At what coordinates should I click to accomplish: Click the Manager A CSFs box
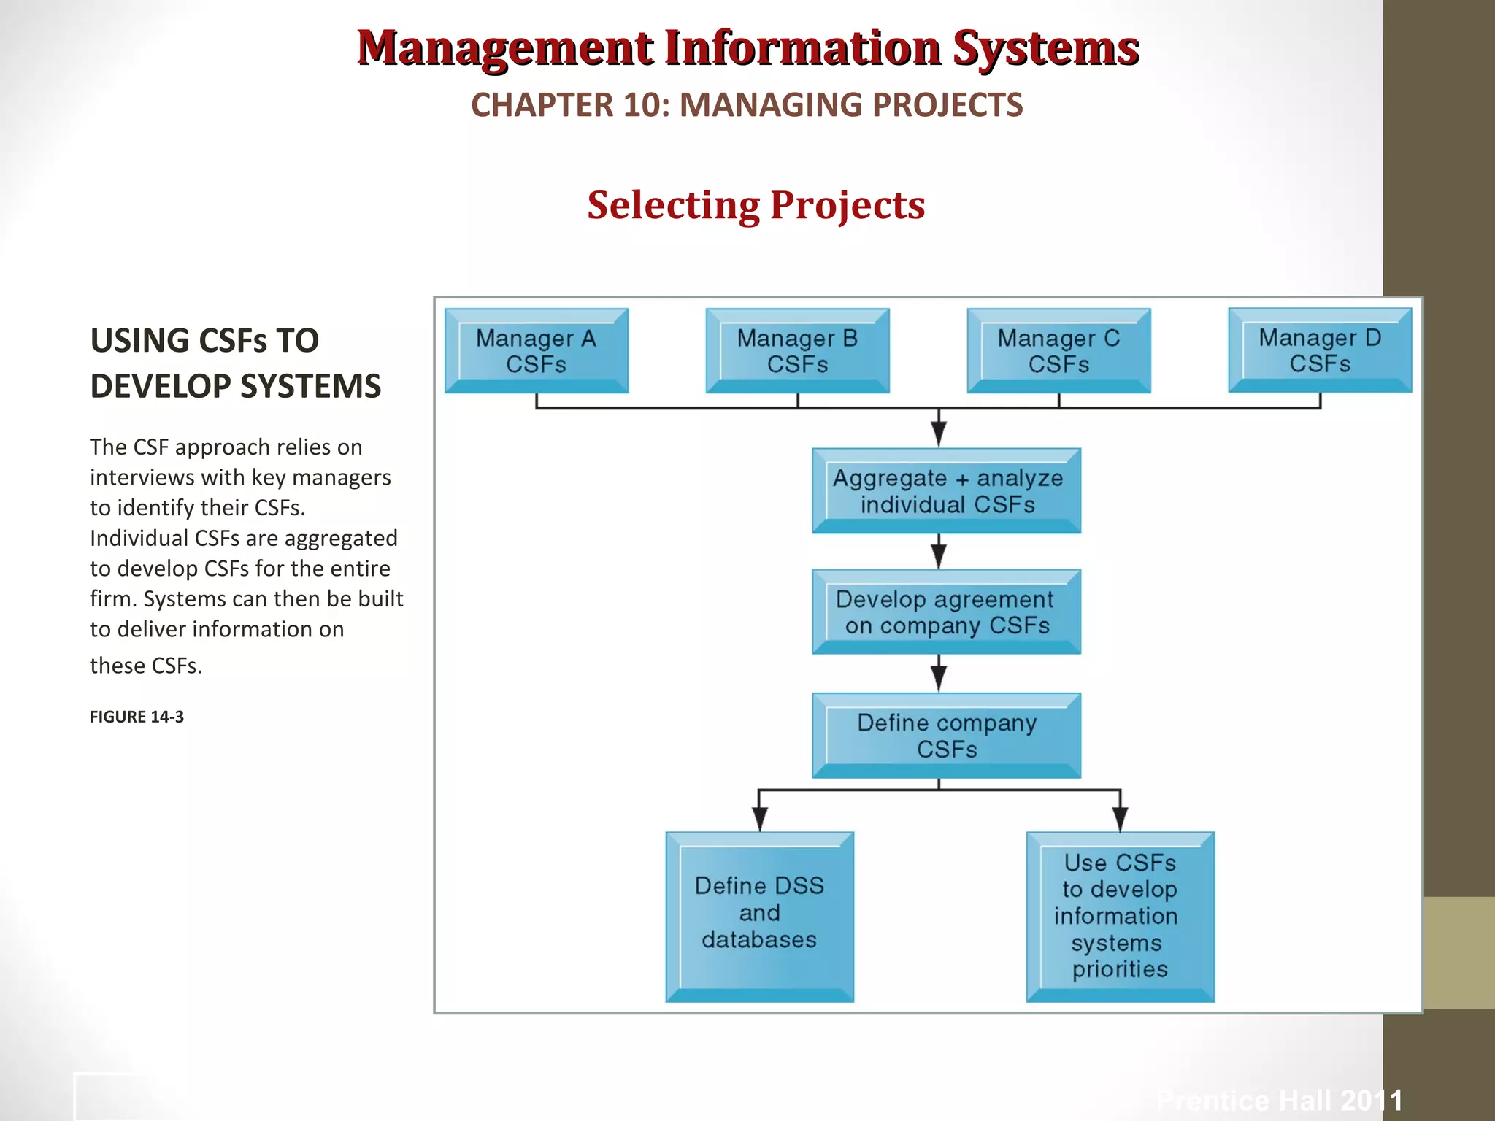pyautogui.click(x=536, y=351)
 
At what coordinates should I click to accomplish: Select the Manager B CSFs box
pyautogui.click(x=797, y=351)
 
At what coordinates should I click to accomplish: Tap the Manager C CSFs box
pyautogui.click(x=1058, y=351)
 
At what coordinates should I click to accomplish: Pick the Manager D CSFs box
pyautogui.click(x=1320, y=350)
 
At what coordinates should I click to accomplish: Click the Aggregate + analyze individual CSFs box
pyautogui.click(x=946, y=490)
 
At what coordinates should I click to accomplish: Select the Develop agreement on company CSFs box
pyautogui.click(x=946, y=612)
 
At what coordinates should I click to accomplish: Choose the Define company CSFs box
pyautogui.click(x=946, y=735)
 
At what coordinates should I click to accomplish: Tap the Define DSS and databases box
pyautogui.click(x=759, y=916)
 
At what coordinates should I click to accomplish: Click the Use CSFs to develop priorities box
pyautogui.click(x=1120, y=916)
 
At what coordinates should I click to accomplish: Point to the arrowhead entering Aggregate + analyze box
pyautogui.click(x=939, y=434)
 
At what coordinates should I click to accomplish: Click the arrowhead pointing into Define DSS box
pyautogui.click(x=759, y=819)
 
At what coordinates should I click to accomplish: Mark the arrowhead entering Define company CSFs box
pyautogui.click(x=939, y=679)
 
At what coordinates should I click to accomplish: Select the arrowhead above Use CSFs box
pyautogui.click(x=1120, y=819)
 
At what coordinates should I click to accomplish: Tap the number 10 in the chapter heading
pyautogui.click(x=642, y=105)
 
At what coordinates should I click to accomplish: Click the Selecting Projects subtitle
pyautogui.click(x=756, y=205)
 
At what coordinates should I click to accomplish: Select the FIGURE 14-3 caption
pyautogui.click(x=137, y=717)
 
